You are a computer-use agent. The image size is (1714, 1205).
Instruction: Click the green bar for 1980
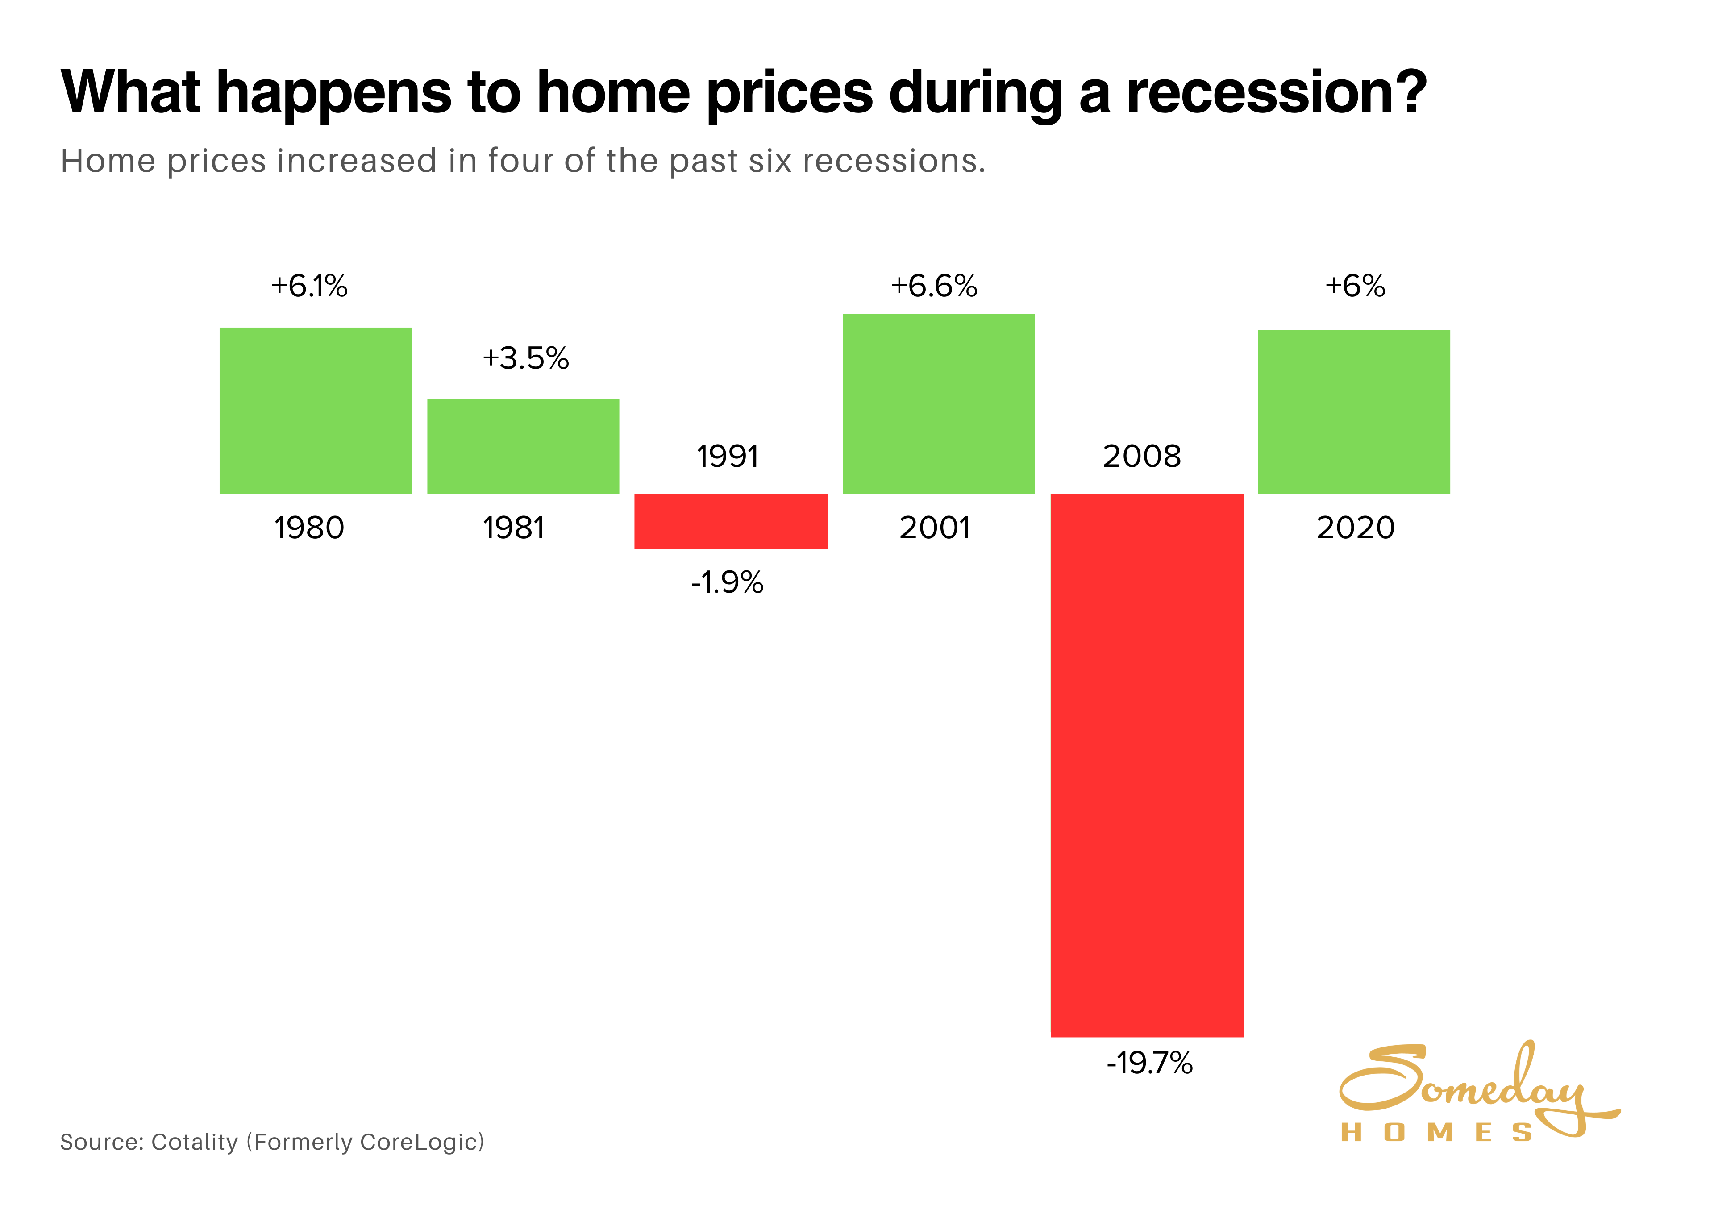[315, 411]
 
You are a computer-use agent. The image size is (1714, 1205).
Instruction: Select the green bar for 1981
[523, 446]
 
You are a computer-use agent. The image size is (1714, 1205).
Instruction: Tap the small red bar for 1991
[731, 521]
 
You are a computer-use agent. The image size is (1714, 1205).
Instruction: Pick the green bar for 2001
[938, 403]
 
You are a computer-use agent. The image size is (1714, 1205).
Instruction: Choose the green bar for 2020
[1353, 411]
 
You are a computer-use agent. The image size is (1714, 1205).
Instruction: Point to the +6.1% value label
[309, 286]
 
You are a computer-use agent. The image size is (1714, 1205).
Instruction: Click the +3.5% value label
[525, 358]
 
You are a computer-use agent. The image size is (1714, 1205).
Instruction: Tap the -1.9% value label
[727, 582]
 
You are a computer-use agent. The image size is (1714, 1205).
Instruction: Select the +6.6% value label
[934, 286]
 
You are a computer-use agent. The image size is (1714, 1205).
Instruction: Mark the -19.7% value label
[1150, 1062]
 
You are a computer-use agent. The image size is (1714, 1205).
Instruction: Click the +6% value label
[1355, 286]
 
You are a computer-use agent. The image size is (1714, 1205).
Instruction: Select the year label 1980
[309, 528]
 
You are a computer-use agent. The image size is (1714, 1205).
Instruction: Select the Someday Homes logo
[1474, 1094]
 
